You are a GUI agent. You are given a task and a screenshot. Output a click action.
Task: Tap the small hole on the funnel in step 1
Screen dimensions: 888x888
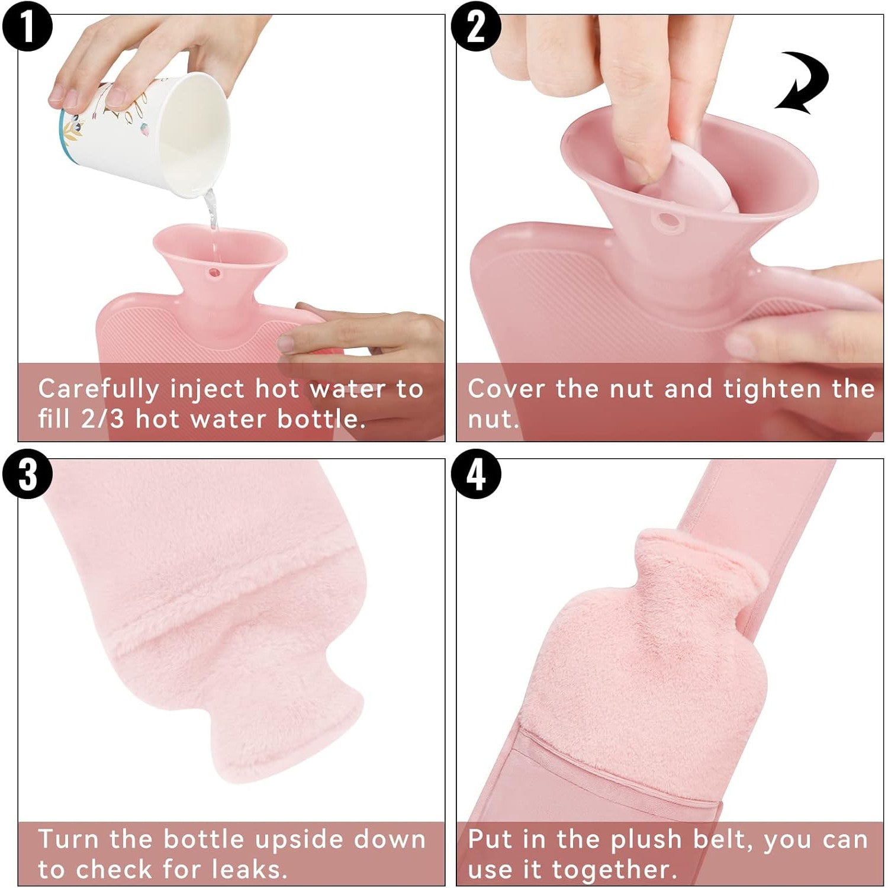pos(214,273)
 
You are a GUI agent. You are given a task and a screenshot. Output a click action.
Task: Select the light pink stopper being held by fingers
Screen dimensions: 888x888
pos(696,178)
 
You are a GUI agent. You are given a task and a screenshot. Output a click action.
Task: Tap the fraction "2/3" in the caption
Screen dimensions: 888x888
pos(103,419)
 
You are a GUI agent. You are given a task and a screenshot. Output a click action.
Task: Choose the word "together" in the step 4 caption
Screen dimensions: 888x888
pos(610,870)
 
